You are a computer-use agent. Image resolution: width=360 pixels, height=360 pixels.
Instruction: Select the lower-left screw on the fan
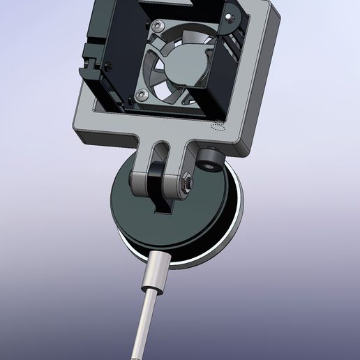tap(142, 93)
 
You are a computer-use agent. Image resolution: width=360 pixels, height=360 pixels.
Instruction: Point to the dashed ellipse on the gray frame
tap(218, 127)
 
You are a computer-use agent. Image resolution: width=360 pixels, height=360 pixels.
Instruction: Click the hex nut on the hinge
tap(188, 183)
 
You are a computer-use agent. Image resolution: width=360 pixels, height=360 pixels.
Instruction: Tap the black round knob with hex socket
tap(209, 161)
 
